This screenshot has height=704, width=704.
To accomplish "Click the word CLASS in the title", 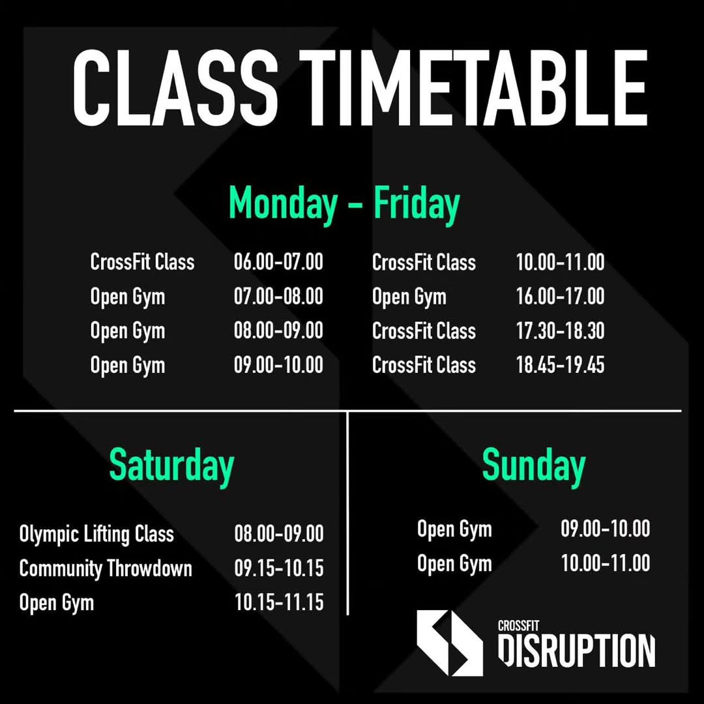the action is point(175,88).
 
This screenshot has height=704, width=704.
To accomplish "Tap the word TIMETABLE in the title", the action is point(474,88).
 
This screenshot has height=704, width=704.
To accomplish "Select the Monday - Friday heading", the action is point(344,204).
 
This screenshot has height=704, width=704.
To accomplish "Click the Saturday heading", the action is point(171,467).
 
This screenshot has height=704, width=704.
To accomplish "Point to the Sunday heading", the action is point(534,467).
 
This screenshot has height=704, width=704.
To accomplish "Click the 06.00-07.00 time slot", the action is point(278,262).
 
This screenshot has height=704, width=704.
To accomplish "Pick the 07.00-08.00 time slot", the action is point(278,297).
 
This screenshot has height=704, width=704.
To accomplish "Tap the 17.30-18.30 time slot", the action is point(560,331).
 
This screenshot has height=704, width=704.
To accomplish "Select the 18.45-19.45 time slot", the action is point(560,365).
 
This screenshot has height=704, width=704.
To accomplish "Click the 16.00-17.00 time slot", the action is point(560,297).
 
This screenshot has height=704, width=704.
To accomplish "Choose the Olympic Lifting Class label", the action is point(96,535).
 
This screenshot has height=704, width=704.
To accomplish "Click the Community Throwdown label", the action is point(106,568).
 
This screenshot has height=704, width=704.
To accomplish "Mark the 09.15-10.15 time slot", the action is point(279,568).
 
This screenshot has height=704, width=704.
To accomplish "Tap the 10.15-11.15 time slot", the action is point(279,602).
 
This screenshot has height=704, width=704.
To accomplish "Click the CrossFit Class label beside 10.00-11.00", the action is point(424,262).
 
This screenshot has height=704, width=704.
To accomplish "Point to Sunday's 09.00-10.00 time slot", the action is point(605,529).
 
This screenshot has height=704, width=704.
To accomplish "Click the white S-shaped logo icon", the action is point(450,643).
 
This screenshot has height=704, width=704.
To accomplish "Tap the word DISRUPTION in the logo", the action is point(576,651).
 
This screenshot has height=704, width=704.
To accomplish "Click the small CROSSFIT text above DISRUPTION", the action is point(519,626).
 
